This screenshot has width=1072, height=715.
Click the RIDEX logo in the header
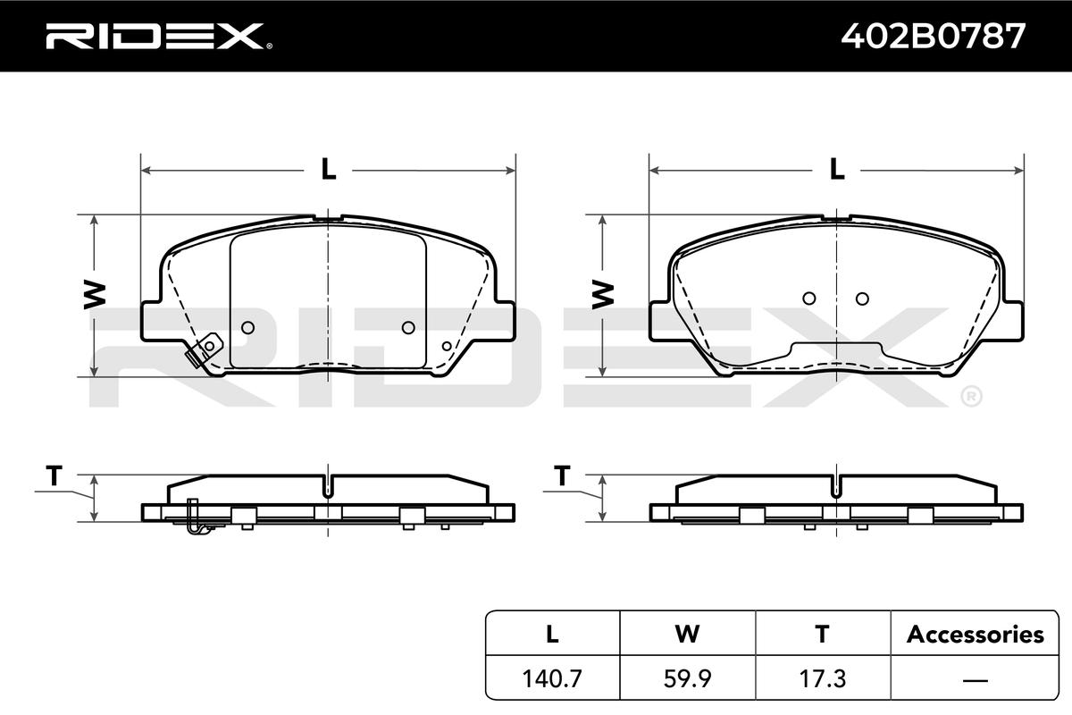point(159,37)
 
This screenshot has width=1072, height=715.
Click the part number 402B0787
point(934,37)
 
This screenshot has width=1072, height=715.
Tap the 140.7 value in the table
point(552,678)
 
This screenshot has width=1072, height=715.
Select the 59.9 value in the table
point(687,678)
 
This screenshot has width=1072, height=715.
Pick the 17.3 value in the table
point(823,678)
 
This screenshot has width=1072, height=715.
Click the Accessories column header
point(976,634)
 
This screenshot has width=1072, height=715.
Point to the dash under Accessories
point(976,679)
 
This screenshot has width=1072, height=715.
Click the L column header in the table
point(552,634)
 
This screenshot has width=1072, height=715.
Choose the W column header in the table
point(687,634)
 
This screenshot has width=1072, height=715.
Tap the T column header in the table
point(822,634)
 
